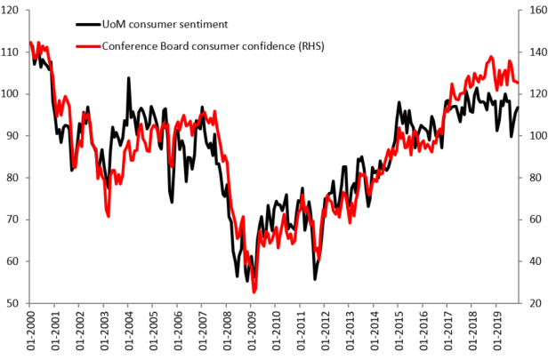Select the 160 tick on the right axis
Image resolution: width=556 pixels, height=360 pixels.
click(x=535, y=11)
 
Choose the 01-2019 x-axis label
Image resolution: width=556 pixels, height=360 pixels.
click(x=494, y=334)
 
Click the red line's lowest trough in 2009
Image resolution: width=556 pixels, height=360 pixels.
click(x=254, y=291)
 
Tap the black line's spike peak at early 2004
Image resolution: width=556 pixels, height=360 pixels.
click(x=128, y=78)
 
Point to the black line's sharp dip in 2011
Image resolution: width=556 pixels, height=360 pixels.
click(x=315, y=278)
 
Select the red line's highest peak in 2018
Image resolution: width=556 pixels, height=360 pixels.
click(x=491, y=57)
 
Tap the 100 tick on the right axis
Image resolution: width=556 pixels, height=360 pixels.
click(x=535, y=136)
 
